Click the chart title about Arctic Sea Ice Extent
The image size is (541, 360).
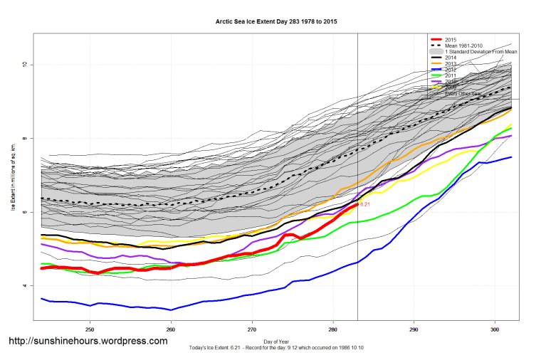click(277, 22)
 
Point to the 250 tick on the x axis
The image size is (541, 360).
click(90, 330)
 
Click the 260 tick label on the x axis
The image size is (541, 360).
click(171, 330)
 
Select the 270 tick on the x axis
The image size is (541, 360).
click(252, 330)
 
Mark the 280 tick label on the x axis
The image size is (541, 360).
click(333, 330)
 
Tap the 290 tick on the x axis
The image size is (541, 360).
click(414, 330)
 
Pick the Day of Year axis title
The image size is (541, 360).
click(276, 341)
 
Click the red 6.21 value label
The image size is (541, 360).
click(365, 204)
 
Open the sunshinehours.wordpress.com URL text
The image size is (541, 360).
click(88, 341)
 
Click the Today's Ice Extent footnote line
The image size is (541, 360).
click(276, 347)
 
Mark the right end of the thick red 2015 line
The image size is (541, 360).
click(357, 204)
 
